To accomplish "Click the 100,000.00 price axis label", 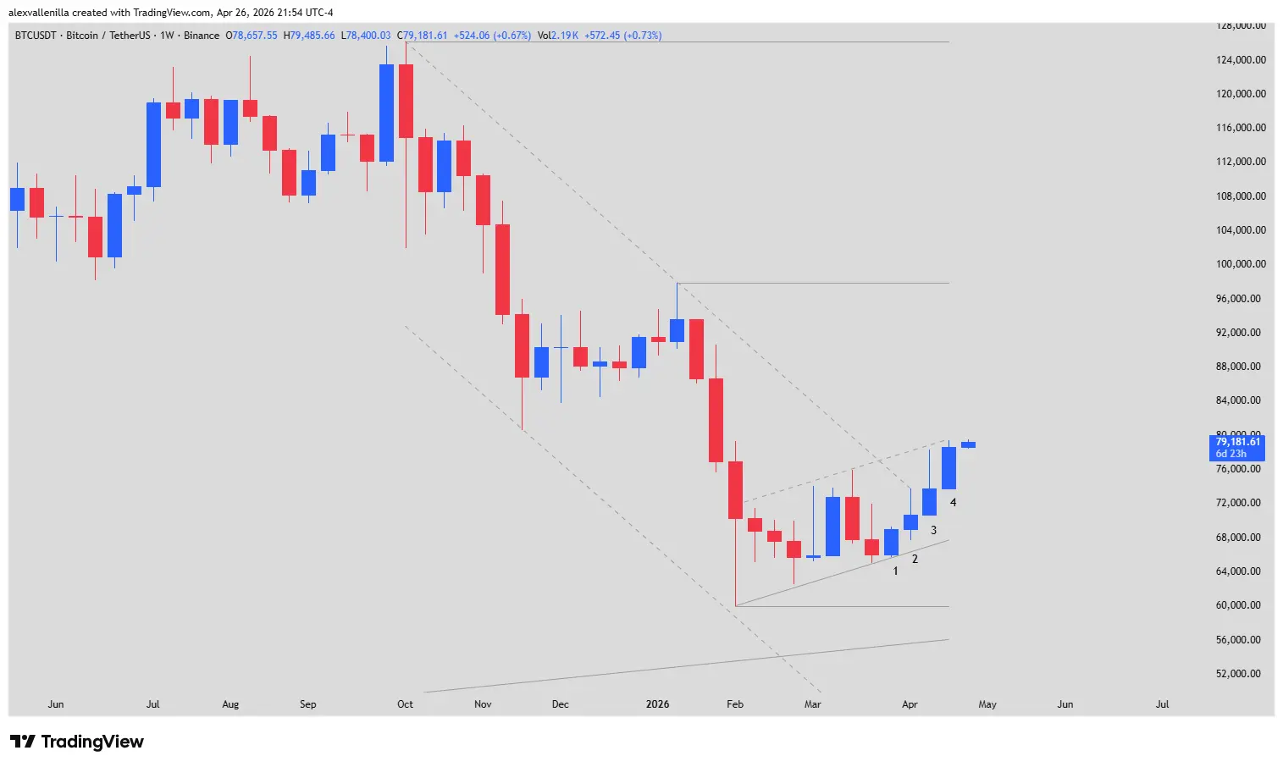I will coord(1241,264).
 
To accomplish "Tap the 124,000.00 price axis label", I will coord(1241,60).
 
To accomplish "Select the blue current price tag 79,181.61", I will coord(1237,442).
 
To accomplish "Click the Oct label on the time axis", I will coord(405,704).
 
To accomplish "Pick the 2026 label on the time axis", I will coord(657,704).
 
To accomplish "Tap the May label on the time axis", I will coord(987,704).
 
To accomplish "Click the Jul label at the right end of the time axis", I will coord(1162,704).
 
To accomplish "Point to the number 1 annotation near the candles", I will coord(895,571).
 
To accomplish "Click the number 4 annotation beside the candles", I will coord(953,503).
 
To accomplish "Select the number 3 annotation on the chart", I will coord(933,531).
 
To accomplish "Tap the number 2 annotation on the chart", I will coord(915,560).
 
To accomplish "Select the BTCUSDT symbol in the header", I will coord(36,36).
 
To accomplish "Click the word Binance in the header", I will coord(202,36).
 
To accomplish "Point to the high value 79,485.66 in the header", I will coord(312,36).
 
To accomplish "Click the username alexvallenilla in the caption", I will coord(38,13).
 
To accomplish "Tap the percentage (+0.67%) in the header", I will coord(512,36).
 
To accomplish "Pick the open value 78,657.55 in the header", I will coord(255,36).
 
